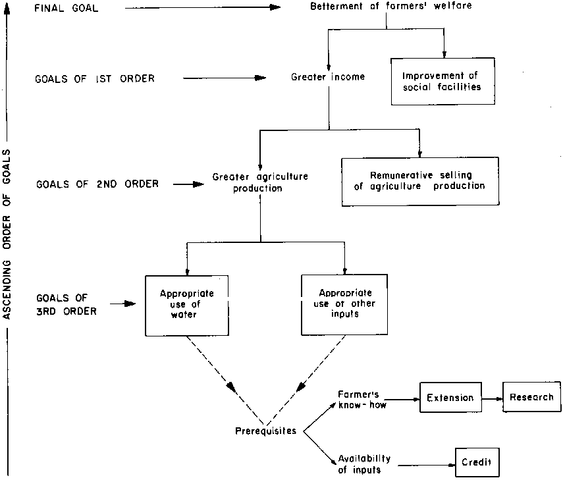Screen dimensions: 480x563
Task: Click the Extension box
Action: tap(450, 398)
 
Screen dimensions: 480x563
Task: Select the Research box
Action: tap(532, 398)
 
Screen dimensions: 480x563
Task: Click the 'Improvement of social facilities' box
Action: tap(442, 81)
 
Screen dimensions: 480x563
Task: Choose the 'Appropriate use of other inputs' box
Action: tap(344, 304)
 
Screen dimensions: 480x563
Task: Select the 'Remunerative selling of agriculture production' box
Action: tap(419, 180)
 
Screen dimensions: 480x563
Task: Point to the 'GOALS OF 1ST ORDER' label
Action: tap(94, 78)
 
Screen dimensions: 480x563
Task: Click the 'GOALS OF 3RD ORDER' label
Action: tap(66, 304)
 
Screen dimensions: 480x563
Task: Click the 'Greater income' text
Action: tap(328, 77)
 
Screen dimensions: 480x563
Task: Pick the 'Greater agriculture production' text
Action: tap(260, 182)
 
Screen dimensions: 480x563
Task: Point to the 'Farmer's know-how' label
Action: tap(358, 400)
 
